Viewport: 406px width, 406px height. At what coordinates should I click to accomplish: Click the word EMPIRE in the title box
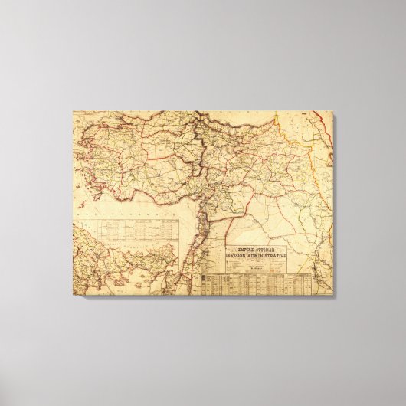point(246,248)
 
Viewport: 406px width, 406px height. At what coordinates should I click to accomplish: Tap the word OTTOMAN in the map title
point(267,248)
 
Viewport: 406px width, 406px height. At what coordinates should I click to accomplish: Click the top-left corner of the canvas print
point(74,112)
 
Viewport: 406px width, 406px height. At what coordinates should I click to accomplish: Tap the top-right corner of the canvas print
point(333,112)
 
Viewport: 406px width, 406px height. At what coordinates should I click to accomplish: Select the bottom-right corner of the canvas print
point(333,294)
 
